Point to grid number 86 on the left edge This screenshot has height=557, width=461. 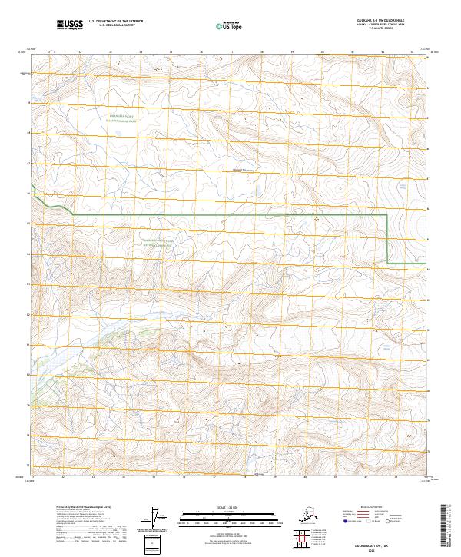30,194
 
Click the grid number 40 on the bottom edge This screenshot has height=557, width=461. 323,476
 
